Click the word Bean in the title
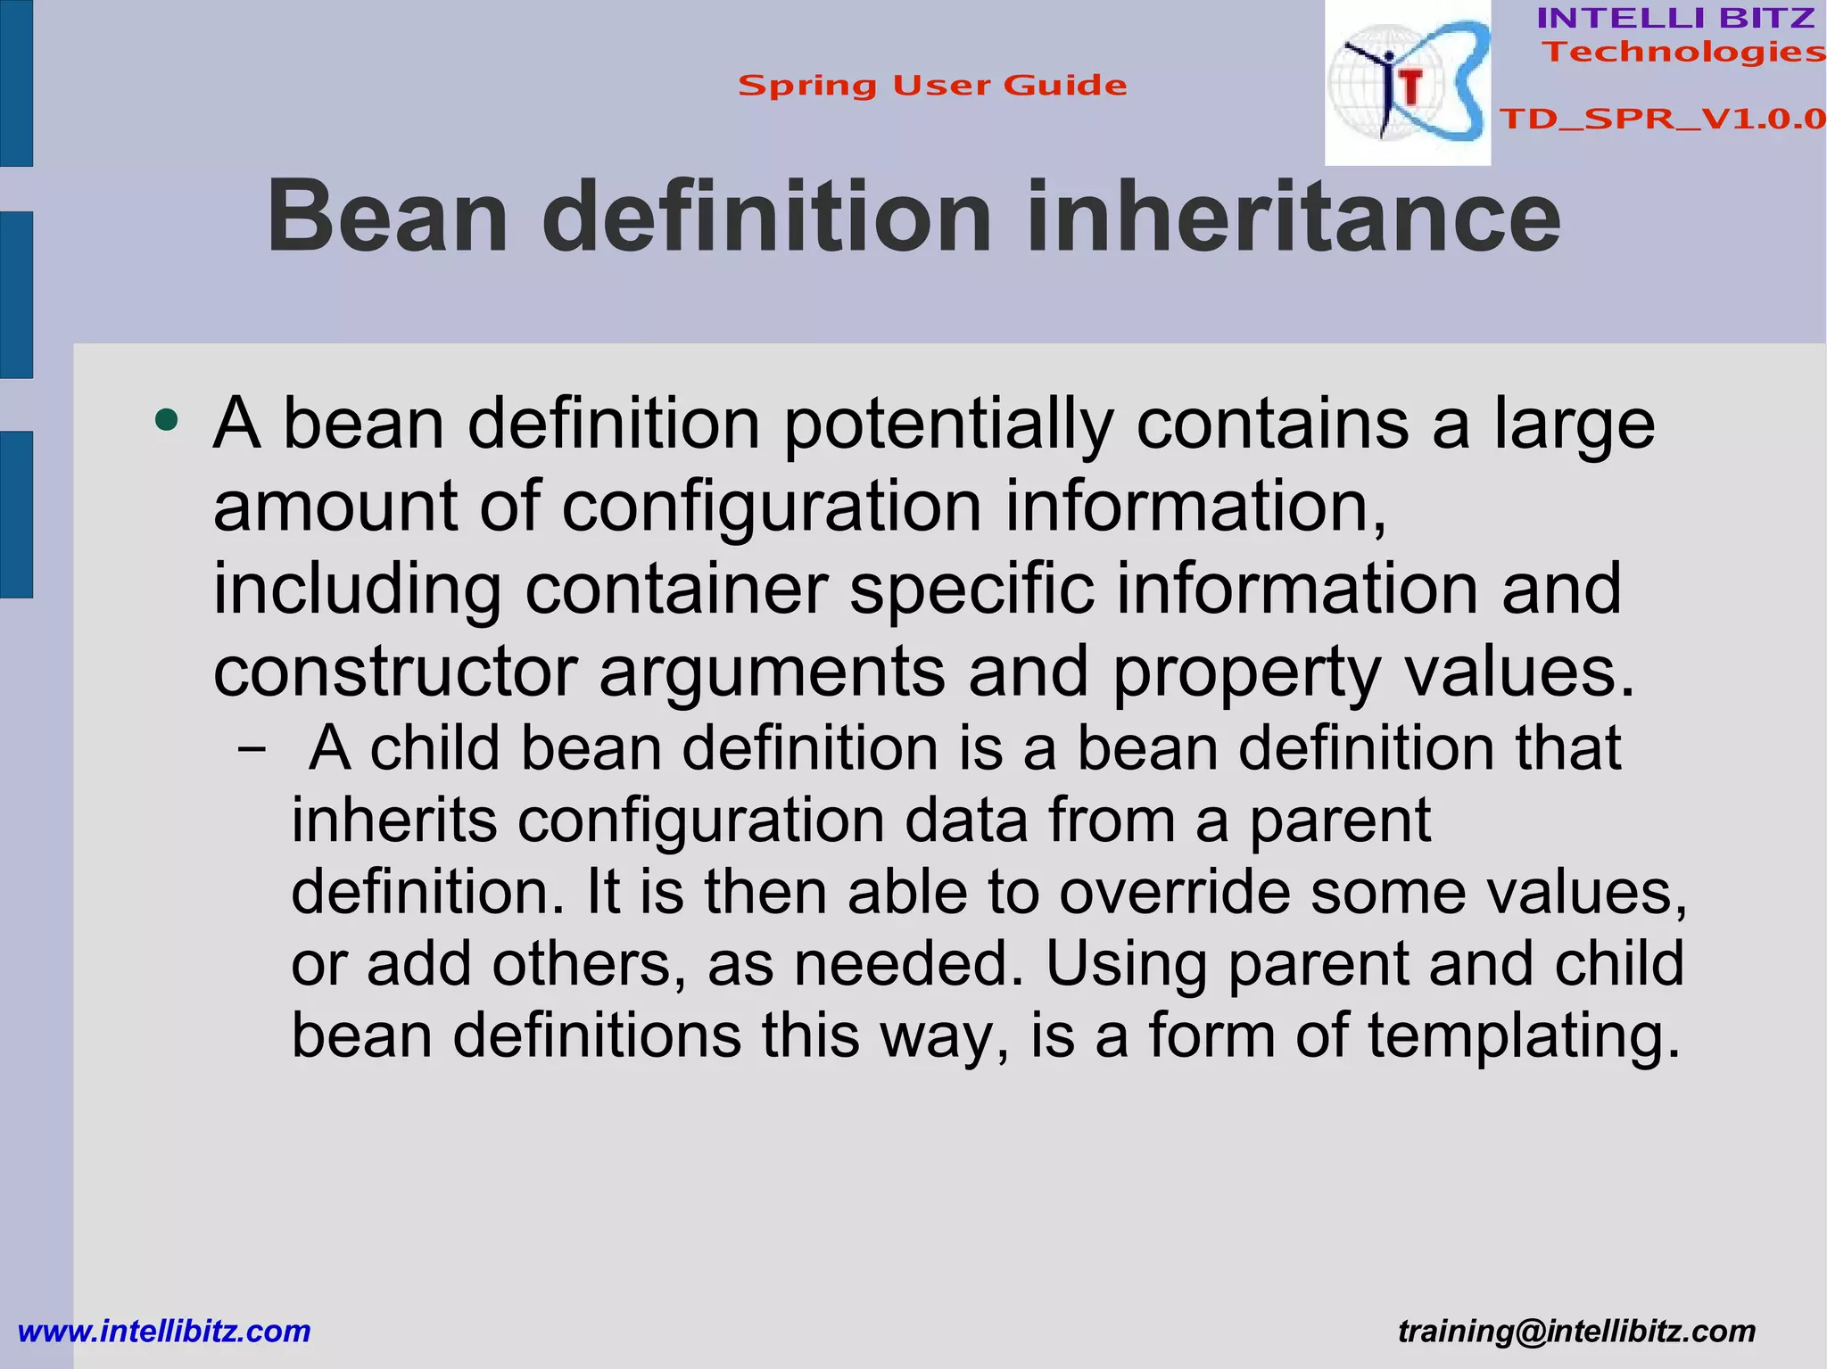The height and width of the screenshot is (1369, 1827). (x=388, y=218)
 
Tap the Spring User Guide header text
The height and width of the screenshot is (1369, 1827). (x=932, y=86)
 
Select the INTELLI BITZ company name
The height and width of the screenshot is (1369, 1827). (x=1675, y=18)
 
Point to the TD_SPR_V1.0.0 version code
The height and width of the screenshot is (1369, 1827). (x=1662, y=119)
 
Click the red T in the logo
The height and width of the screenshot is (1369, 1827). (x=1410, y=87)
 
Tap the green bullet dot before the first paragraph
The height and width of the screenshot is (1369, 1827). (x=166, y=419)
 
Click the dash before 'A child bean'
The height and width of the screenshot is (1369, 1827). (x=252, y=750)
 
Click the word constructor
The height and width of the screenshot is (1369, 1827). (x=395, y=672)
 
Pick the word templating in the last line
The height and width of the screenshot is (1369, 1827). (x=1524, y=1035)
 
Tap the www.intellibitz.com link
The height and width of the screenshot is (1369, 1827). (x=164, y=1331)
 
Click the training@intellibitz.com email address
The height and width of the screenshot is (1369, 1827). (x=1576, y=1331)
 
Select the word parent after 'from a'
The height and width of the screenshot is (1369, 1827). (x=1339, y=821)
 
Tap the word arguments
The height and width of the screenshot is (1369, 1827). (x=772, y=672)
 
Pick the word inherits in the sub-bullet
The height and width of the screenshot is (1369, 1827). (x=394, y=821)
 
